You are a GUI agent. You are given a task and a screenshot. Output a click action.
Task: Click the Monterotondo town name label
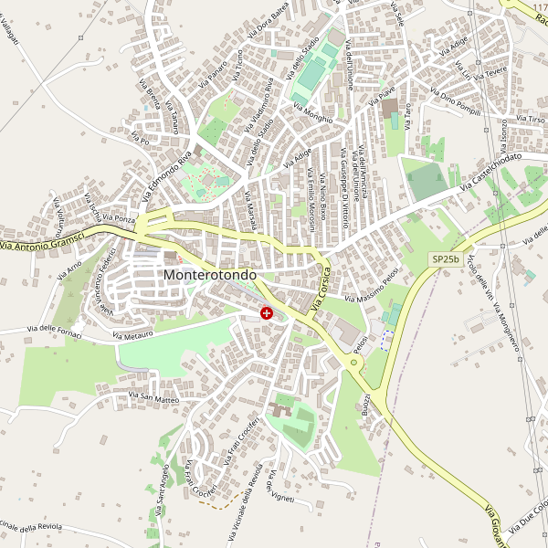pyautogui.click(x=209, y=274)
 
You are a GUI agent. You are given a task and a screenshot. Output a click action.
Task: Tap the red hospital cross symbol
pyautogui.click(x=267, y=313)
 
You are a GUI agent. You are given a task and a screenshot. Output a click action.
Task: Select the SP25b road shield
pyautogui.click(x=445, y=259)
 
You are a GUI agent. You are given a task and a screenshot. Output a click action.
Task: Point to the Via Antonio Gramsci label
pyautogui.click(x=42, y=241)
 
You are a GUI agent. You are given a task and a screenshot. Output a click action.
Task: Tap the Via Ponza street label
pyautogui.click(x=119, y=219)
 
